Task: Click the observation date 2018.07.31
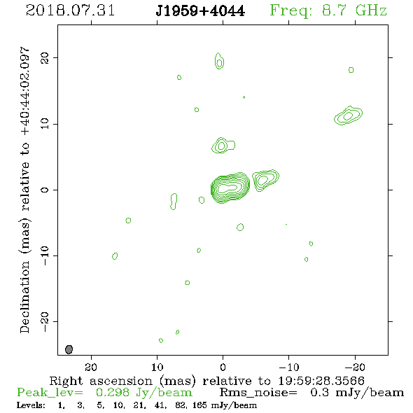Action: tap(70, 10)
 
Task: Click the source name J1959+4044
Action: tap(200, 10)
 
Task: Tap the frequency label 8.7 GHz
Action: tap(354, 10)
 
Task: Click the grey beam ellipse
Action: tap(69, 349)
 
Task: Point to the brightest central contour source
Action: tap(230, 188)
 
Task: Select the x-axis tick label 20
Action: tap(91, 367)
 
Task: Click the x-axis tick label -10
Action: tap(288, 367)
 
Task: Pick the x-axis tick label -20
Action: tap(355, 367)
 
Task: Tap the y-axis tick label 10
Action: tap(45, 124)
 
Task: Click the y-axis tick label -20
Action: tap(45, 322)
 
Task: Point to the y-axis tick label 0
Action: tap(45, 190)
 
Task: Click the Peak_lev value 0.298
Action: tap(113, 393)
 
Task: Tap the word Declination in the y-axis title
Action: tap(24, 297)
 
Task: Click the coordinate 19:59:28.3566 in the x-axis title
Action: tap(321, 381)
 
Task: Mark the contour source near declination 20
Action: tap(219, 61)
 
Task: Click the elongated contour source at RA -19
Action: tap(348, 115)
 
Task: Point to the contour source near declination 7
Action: tap(223, 145)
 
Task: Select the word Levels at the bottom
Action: tap(31, 405)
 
